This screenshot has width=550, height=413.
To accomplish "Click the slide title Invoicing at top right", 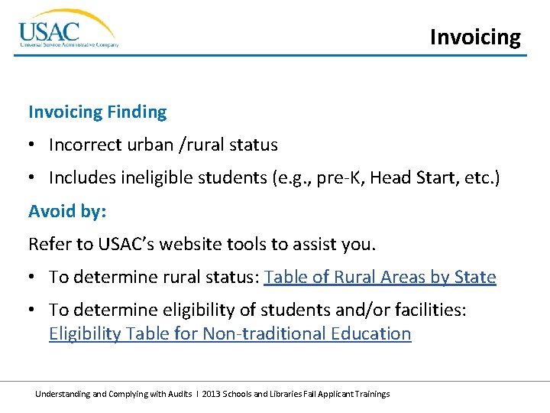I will (x=475, y=37).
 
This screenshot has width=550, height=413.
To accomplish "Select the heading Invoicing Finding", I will (x=97, y=112).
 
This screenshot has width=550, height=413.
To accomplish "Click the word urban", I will (x=147, y=145).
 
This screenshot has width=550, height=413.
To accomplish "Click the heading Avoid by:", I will (x=67, y=210).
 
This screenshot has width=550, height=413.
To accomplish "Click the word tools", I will (x=245, y=244).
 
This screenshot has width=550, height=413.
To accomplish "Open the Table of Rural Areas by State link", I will (x=380, y=277).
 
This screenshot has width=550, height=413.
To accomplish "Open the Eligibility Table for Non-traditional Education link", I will (x=230, y=333).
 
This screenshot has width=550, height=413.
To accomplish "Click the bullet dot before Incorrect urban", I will (x=33, y=145).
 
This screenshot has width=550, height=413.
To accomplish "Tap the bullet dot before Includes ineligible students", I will (x=33, y=177).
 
